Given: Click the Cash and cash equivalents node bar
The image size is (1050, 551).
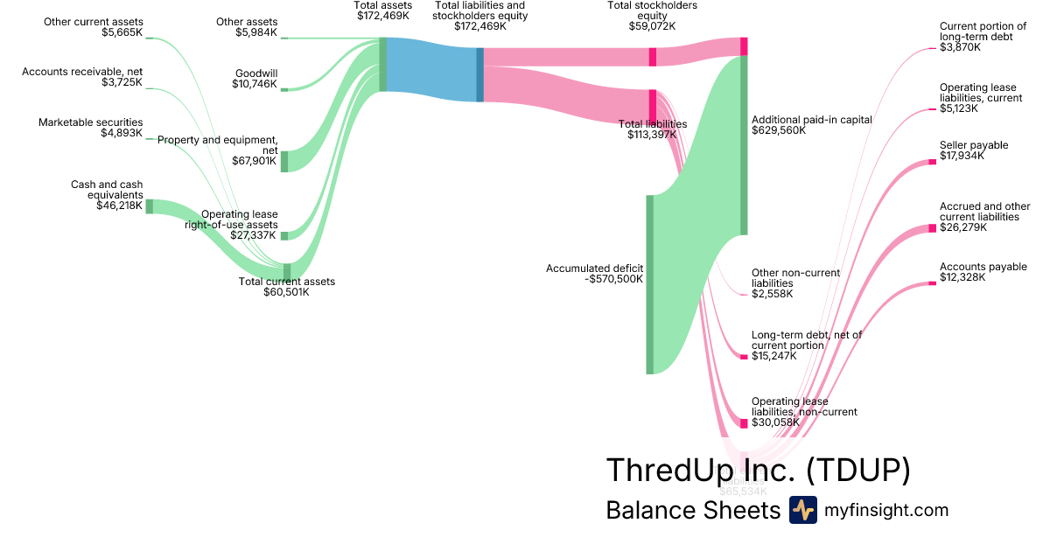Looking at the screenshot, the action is click(x=150, y=206).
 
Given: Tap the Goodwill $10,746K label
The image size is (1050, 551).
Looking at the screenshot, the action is click(x=255, y=80).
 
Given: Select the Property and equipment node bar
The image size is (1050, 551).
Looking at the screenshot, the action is click(x=284, y=161).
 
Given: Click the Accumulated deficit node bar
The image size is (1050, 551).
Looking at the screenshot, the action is click(x=650, y=284).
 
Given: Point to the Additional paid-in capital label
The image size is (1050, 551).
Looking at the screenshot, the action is click(x=811, y=125).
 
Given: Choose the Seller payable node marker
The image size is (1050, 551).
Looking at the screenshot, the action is click(x=932, y=162).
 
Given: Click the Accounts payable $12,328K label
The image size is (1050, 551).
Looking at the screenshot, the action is click(x=983, y=272).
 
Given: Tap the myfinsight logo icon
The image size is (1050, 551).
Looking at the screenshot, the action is click(x=802, y=510).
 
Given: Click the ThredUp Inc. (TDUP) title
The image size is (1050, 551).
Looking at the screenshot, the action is click(x=758, y=470).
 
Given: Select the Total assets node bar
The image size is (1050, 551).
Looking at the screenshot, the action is click(x=382, y=64).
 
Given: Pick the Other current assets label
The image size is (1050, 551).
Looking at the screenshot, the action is click(x=94, y=27).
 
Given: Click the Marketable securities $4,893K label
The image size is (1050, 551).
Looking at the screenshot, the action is click(x=90, y=128).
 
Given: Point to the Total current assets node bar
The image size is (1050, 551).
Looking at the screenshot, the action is click(x=285, y=270).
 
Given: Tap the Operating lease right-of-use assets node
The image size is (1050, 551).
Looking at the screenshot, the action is click(x=284, y=235).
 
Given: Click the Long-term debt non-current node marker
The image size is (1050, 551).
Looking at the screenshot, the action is click(x=744, y=357).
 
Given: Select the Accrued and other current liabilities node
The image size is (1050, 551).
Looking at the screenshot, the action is click(x=932, y=228).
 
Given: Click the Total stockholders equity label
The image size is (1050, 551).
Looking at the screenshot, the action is click(x=652, y=16).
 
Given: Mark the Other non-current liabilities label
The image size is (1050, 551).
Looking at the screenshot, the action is click(x=795, y=282).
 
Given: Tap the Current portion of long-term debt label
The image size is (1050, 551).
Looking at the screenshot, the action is click(x=983, y=37).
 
